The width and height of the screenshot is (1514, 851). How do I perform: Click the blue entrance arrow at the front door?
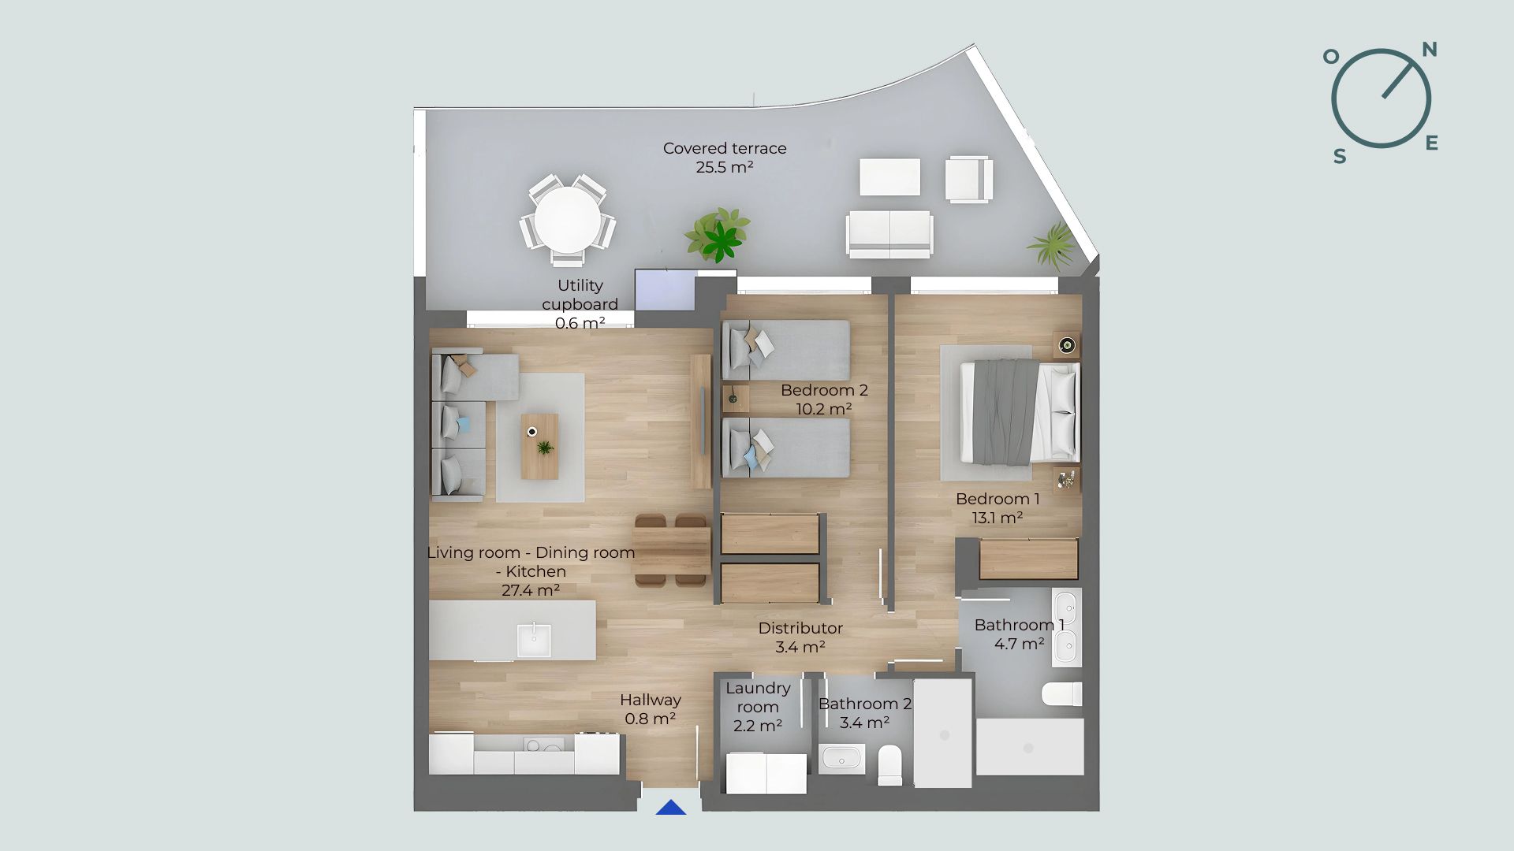point(671,808)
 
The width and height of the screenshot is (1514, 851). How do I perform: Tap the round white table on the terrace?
point(567,218)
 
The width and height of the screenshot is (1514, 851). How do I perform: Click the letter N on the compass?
point(1430,50)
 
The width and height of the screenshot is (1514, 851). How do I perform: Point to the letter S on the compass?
point(1340,157)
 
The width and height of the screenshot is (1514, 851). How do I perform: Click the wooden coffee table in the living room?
point(539,447)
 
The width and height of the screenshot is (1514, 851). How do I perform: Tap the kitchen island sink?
point(534,639)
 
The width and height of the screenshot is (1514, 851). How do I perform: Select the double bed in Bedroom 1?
point(1020,412)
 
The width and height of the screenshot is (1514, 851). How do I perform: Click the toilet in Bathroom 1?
point(1061,694)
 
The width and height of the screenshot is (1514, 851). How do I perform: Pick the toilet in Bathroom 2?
point(890,764)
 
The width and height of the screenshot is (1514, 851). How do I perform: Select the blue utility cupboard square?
point(666,290)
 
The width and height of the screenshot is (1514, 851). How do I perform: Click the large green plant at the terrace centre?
point(718,234)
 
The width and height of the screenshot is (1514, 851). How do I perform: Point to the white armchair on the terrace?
point(969,180)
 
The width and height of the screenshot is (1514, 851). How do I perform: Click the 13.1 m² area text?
point(998,518)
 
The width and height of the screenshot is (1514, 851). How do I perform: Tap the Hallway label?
point(651,700)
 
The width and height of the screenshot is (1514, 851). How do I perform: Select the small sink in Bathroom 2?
point(841,760)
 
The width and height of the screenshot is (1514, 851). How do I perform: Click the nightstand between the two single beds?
point(736,399)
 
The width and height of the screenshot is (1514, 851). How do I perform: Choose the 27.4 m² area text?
point(531,590)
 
